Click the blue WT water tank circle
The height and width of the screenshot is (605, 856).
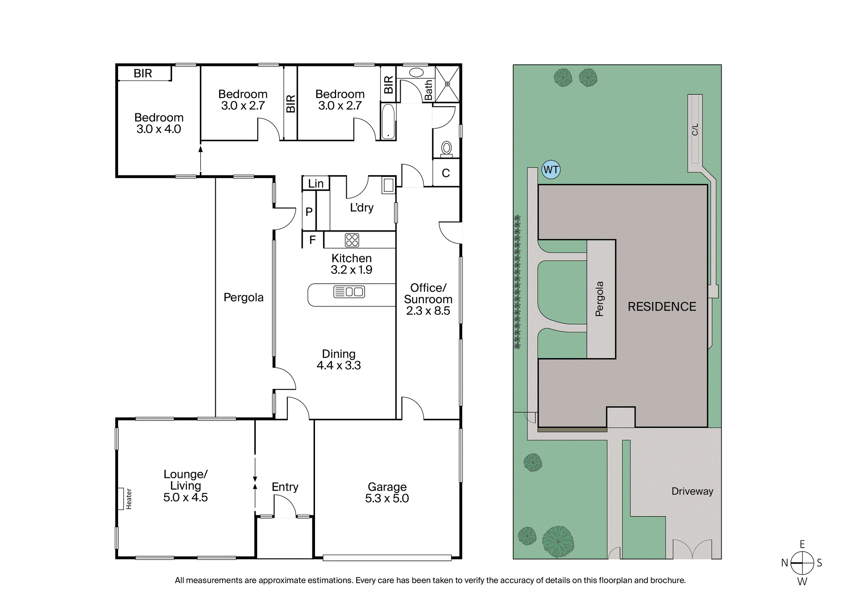coord(551,170)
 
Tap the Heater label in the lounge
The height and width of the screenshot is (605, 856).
coord(129,499)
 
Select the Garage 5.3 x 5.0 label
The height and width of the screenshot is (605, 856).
coord(387,492)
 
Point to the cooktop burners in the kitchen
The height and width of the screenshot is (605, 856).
coord(352,240)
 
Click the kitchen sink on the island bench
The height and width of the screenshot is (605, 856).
coord(349,292)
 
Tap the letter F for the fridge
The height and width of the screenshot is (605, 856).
coord(312,240)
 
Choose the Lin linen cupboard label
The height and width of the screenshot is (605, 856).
coord(316,184)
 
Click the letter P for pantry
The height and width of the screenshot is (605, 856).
coord(309,212)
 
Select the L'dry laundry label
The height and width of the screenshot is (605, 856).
coord(362,208)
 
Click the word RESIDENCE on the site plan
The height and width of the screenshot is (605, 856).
coord(662,306)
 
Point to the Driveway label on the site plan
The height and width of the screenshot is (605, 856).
coord(692,491)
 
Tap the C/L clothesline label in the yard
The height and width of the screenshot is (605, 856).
coord(695,129)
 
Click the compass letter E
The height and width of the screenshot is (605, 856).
coord(802,544)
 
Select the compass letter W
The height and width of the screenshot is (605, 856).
coord(802,581)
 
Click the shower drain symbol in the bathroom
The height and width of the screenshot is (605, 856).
coord(447,84)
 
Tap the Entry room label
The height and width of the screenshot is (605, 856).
coord(285,487)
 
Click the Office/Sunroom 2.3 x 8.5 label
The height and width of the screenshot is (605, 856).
coord(428,299)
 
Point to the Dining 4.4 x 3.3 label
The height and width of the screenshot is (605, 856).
coord(339,359)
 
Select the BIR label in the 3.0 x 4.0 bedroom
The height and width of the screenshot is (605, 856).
coord(143,73)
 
